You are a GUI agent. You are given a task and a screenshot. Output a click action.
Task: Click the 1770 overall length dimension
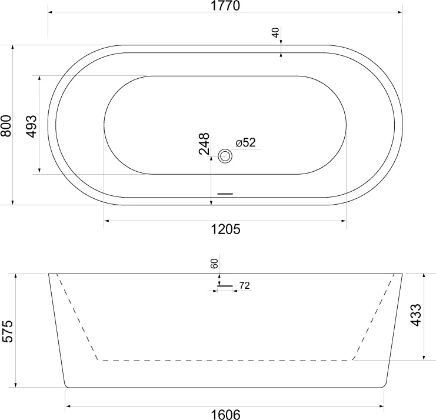pos(225,6)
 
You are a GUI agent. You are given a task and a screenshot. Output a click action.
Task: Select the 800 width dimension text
pos(6,125)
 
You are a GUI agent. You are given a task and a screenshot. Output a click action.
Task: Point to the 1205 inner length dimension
pos(225,229)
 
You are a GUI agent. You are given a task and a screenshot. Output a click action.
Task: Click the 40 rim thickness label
pos(275,32)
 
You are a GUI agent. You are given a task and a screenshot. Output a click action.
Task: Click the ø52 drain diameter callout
pos(245,143)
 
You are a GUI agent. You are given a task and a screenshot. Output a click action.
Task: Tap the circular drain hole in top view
pos(225,156)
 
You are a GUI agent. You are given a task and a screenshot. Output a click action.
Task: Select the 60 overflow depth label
pos(214,264)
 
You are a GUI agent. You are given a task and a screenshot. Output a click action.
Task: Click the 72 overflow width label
pos(245,286)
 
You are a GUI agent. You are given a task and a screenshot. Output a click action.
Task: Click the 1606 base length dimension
pos(225,414)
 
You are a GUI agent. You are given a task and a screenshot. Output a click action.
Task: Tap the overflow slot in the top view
pos(226,192)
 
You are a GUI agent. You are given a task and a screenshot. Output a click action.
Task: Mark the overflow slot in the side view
pos(225,286)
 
